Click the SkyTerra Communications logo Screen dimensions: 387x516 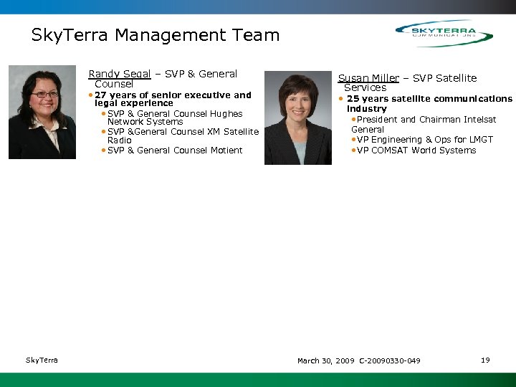coord(444,33)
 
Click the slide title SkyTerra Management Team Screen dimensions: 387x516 coord(156,35)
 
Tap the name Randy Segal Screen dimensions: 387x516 coord(119,74)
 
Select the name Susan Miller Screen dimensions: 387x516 coord(368,78)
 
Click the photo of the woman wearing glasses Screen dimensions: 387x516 coord(42,113)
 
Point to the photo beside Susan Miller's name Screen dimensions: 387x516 coord(298,118)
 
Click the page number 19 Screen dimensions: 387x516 coord(485,360)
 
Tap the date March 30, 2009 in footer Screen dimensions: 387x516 coord(325,360)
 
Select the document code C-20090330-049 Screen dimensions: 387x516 coord(390,360)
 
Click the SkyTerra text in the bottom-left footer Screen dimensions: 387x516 coord(42,360)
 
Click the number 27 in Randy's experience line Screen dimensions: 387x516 coord(100,95)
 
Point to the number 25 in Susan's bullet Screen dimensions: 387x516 coord(353,99)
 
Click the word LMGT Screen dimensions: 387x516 coord(480,140)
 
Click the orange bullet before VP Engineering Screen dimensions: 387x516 coord(353,140)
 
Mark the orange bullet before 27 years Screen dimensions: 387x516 coord(90,95)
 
